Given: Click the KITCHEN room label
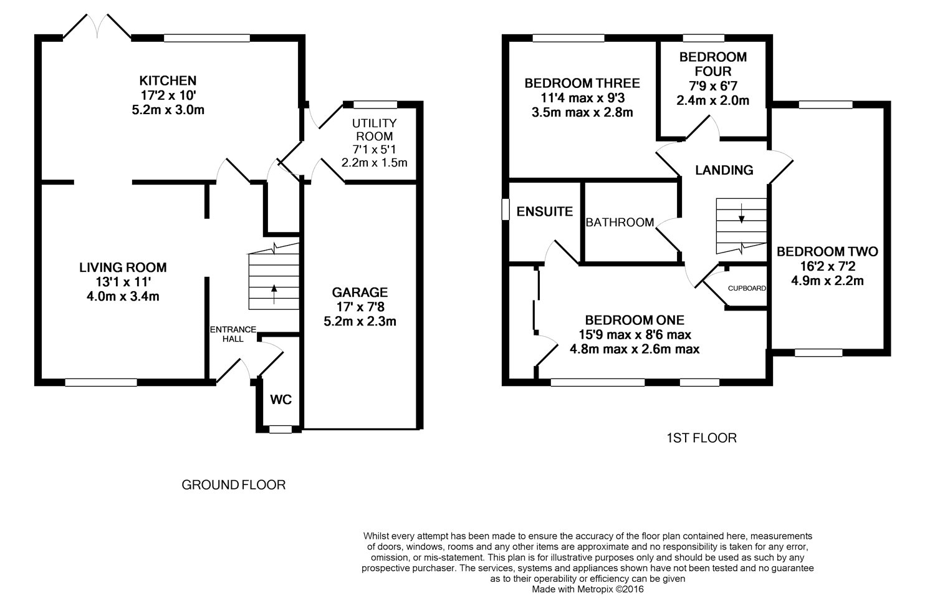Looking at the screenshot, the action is [x=168, y=80].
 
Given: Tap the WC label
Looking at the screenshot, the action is [x=281, y=400].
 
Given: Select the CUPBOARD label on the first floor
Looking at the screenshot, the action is [x=747, y=288].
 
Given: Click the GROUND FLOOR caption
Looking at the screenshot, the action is [x=233, y=485].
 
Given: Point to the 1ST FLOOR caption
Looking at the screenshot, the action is [x=702, y=438].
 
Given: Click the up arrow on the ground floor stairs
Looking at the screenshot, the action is [x=274, y=294].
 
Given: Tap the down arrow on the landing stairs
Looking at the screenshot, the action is [x=741, y=213].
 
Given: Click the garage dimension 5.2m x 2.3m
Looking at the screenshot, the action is [x=360, y=322].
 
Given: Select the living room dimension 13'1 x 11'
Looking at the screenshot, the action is [x=123, y=282].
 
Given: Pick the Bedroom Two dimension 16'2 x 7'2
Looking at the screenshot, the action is [x=827, y=266].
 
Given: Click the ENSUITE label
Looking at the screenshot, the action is [x=545, y=212].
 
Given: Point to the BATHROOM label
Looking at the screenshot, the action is [x=620, y=222].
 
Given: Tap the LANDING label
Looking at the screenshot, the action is [x=724, y=170].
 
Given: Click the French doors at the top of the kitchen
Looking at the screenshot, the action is [x=97, y=26].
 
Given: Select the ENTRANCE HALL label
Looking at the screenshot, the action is [x=233, y=334].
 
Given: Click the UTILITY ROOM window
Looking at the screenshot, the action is [x=375, y=104].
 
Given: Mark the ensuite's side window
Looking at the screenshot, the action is [x=506, y=210].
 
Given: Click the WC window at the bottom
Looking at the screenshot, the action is [x=280, y=429].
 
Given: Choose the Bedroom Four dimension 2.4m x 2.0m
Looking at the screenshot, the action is [x=712, y=100].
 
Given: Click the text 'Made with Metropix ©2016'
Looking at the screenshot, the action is [x=588, y=589].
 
